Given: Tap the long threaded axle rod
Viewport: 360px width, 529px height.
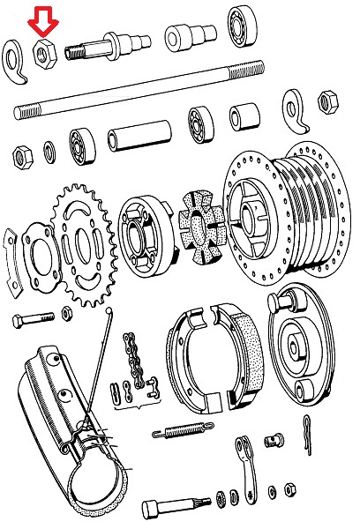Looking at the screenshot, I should click(141, 89).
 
